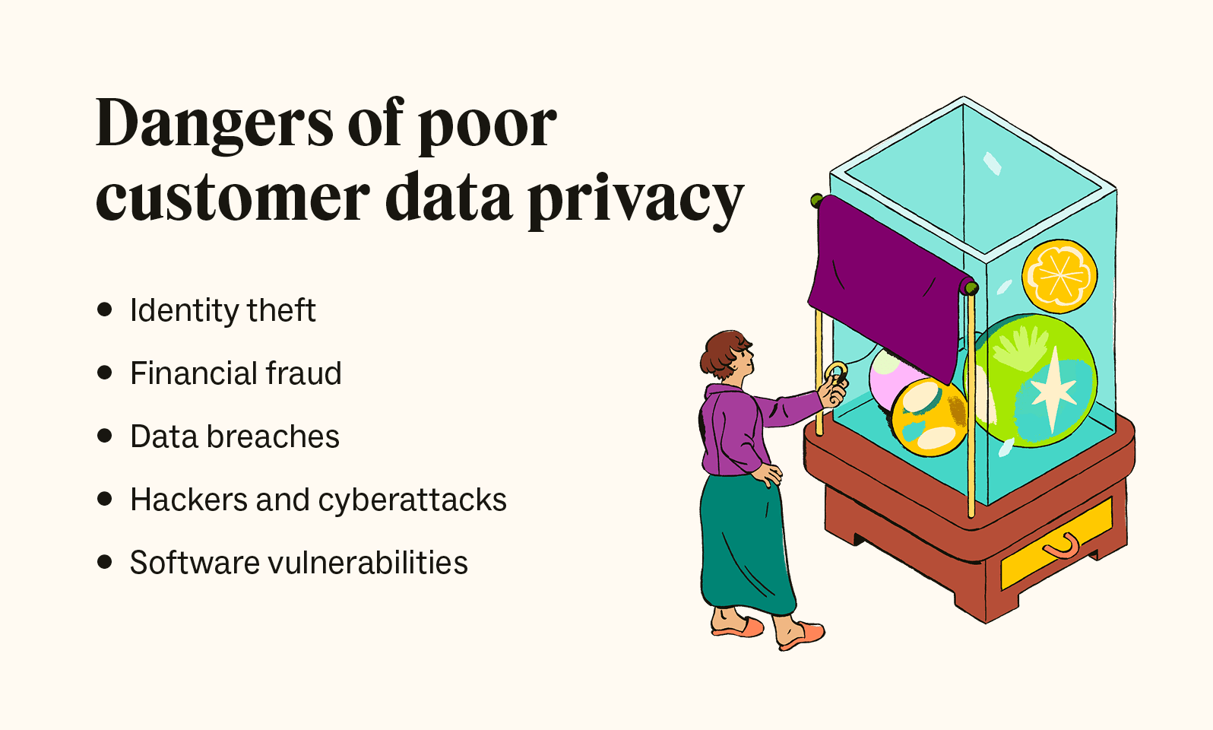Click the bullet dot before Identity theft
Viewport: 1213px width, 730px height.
(105, 309)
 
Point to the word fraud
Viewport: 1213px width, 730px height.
(303, 373)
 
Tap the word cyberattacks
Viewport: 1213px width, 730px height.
(412, 500)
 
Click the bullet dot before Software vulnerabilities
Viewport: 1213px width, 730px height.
(105, 562)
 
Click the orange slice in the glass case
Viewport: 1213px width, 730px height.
(1059, 275)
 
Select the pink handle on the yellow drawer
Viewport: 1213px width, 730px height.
(1062, 546)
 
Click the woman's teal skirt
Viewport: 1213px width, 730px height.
(745, 544)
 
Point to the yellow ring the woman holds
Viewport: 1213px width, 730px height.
(835, 373)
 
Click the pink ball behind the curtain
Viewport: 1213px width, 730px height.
(889, 376)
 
